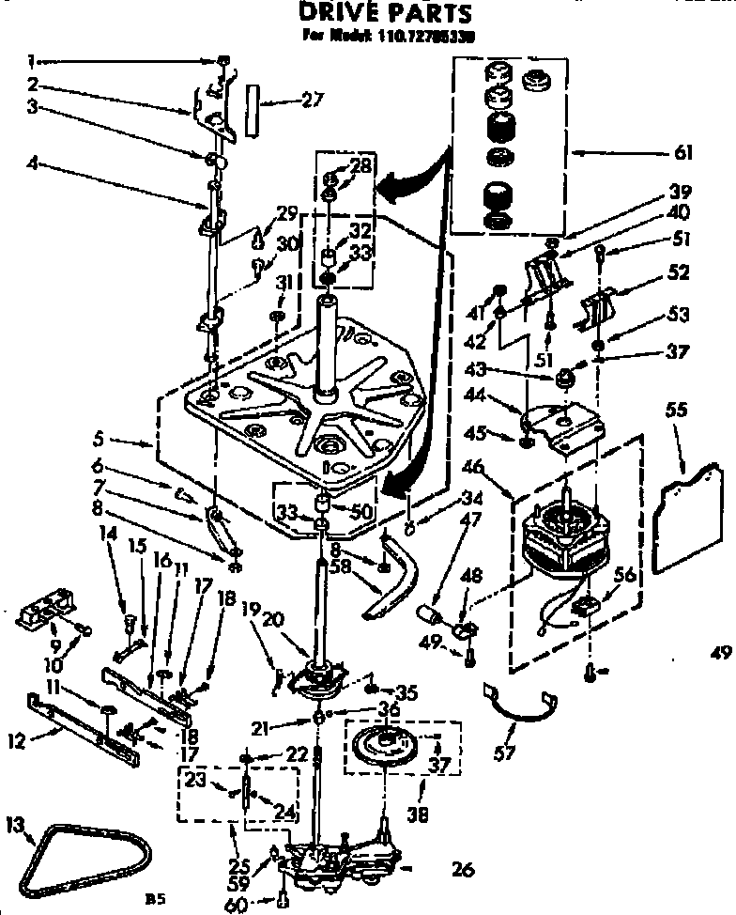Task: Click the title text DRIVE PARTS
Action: pyautogui.click(x=386, y=14)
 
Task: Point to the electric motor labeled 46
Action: pyautogui.click(x=564, y=537)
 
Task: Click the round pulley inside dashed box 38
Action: pyautogui.click(x=388, y=746)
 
